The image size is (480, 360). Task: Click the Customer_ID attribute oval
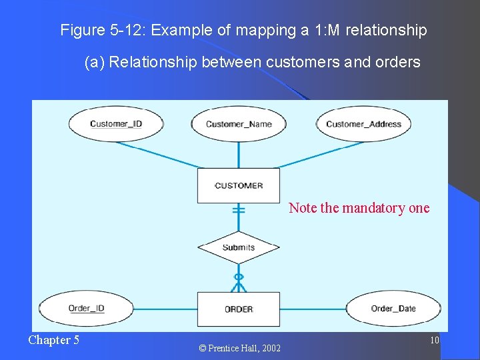point(116,124)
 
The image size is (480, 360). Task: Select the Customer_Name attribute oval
point(239,124)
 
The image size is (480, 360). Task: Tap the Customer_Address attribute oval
point(363,124)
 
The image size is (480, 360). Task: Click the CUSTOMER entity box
point(239,185)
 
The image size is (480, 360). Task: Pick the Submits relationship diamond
point(239,247)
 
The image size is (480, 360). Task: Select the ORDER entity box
point(239,309)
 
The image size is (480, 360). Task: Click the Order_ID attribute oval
point(87,309)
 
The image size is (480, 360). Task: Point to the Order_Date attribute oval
point(393,309)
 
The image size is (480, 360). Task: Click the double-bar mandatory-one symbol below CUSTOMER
point(239,210)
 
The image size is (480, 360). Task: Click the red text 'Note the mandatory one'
point(359,208)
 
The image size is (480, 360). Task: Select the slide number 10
point(434,341)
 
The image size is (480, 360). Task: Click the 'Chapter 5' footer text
point(53,340)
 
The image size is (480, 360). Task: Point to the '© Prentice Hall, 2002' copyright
point(239,348)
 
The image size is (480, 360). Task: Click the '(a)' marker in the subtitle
point(95,63)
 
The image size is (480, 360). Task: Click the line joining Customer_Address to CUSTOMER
point(313,153)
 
